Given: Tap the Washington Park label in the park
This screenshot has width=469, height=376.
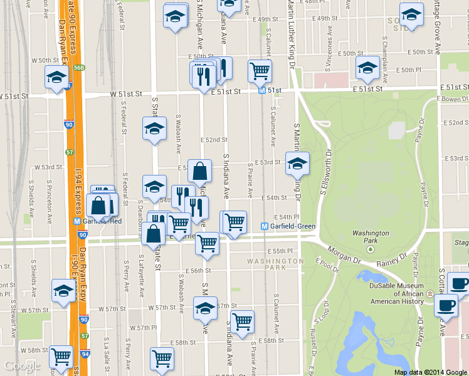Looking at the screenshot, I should (x=371, y=237).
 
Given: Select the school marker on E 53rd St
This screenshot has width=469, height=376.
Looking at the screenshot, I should (x=297, y=164).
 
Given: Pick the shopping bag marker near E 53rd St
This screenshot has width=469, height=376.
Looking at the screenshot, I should (x=199, y=170).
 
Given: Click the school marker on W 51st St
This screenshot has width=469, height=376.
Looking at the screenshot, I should (x=56, y=78).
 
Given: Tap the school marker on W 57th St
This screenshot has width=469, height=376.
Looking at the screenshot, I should (x=63, y=291).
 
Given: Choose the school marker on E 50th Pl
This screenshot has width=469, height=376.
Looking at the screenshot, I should (x=367, y=68).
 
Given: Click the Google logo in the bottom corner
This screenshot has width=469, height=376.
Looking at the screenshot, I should (x=22, y=366).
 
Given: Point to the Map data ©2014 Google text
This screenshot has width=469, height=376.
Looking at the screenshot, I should (x=431, y=372).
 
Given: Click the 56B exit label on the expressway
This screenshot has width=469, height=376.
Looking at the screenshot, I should (x=79, y=67).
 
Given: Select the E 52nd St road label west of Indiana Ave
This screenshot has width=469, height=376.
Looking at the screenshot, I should (x=214, y=139).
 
